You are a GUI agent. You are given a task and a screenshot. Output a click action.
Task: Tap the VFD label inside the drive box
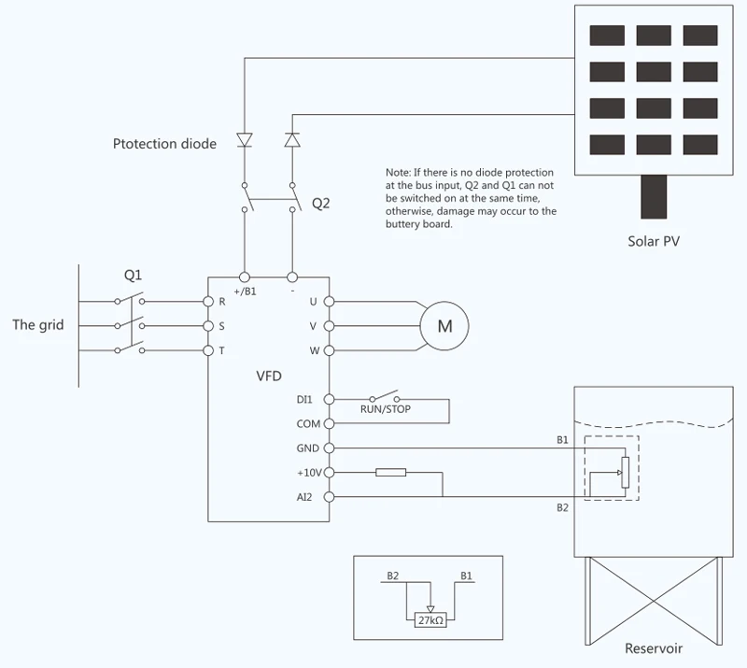[x=269, y=377]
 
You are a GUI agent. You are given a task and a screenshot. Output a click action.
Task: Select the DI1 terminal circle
[x=329, y=399]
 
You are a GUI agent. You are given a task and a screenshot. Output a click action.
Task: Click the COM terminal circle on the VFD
[x=329, y=423]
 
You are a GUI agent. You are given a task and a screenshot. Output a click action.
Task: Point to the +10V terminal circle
[x=329, y=473]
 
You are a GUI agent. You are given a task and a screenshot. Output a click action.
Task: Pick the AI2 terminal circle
[x=329, y=497]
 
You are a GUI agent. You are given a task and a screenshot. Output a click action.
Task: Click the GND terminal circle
[x=329, y=448]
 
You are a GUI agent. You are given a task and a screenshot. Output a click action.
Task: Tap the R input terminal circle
[x=208, y=302]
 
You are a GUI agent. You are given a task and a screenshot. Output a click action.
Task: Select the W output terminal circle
[x=329, y=350]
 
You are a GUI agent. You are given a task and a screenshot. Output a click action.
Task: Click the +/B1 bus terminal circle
[x=245, y=277]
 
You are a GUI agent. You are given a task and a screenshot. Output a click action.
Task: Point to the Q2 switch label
[x=320, y=204]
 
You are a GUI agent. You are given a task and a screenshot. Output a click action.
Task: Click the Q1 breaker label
[x=133, y=275]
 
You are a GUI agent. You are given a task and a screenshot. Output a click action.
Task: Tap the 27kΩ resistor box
[x=430, y=619]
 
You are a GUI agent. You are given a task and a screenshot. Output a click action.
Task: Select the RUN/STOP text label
[x=386, y=409]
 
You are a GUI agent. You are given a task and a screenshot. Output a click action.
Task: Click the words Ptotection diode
[x=164, y=144]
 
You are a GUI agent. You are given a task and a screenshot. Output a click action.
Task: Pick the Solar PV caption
[x=654, y=241]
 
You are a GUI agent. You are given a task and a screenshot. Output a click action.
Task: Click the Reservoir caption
[x=654, y=648]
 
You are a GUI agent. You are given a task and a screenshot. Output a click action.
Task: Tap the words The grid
[x=38, y=325]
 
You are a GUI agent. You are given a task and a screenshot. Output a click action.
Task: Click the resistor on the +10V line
[x=390, y=473]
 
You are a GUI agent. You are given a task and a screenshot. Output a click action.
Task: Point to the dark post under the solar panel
[x=654, y=197]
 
